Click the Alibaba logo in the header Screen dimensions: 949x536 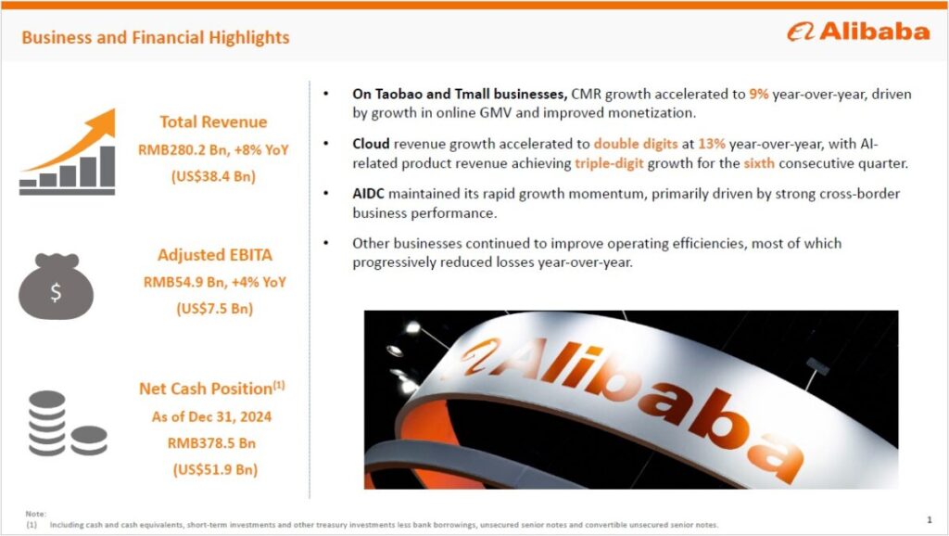click(858, 32)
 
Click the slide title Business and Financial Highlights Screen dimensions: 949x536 click(156, 37)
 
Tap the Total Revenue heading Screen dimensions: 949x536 click(213, 121)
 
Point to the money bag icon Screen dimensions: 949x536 click(56, 287)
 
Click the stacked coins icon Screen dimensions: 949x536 click(68, 424)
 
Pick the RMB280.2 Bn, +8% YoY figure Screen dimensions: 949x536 click(213, 149)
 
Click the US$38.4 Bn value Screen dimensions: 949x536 click(214, 176)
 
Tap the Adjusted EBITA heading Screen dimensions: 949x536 click(215, 254)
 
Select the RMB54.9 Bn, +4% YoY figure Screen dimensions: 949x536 click(214, 282)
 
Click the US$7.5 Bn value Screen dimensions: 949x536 click(214, 308)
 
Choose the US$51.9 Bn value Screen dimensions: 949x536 click(215, 469)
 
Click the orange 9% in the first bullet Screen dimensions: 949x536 click(758, 94)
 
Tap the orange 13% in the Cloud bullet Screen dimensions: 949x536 click(711, 144)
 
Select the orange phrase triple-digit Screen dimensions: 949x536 click(609, 163)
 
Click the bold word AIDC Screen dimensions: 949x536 click(368, 194)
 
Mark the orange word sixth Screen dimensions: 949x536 click(759, 163)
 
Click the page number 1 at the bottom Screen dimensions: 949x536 click(930, 519)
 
